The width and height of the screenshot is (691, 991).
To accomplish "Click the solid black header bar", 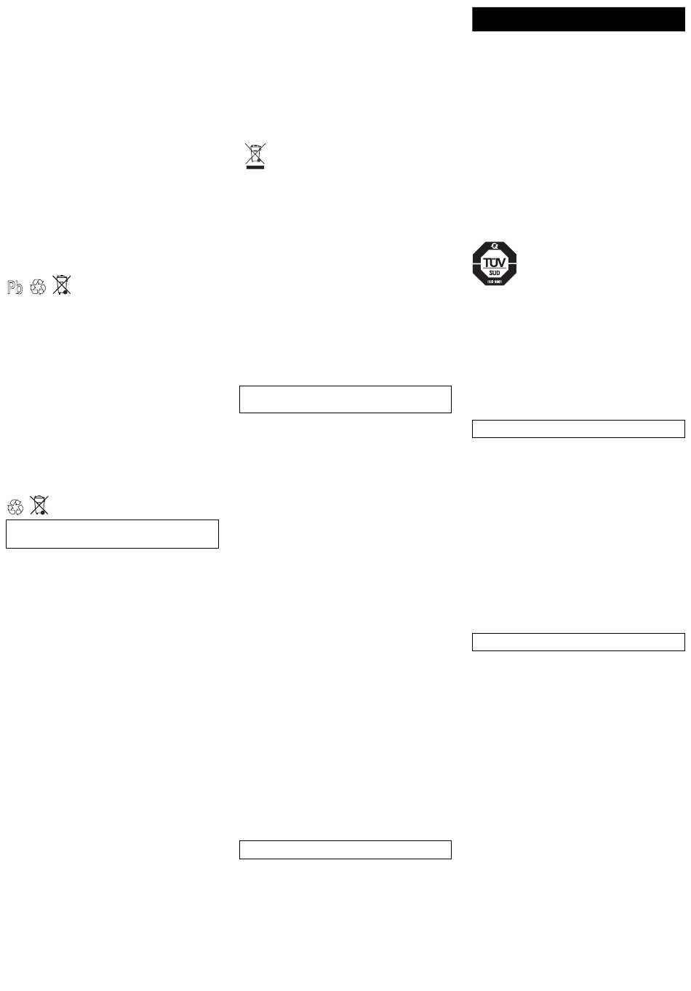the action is [x=578, y=20].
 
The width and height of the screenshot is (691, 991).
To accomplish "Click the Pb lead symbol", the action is [x=15, y=288].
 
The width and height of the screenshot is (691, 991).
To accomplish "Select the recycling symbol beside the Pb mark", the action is [x=38, y=287].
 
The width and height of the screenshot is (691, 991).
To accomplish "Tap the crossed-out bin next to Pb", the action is [x=63, y=284].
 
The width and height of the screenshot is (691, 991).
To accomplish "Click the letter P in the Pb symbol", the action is [x=11, y=288].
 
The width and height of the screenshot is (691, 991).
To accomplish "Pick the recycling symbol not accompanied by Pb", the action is [x=15, y=506].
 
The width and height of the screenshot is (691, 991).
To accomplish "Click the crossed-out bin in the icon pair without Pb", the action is [x=39, y=504].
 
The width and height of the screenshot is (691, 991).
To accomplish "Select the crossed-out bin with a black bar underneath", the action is [x=255, y=155].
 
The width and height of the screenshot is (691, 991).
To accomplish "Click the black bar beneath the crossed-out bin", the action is [x=255, y=167].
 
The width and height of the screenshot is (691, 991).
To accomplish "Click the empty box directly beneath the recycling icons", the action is [x=112, y=533].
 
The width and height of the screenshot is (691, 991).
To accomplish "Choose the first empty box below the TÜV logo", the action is [x=578, y=429].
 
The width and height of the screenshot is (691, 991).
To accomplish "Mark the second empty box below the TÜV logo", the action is [x=578, y=642].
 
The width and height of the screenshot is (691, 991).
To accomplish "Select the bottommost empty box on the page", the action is [x=345, y=850].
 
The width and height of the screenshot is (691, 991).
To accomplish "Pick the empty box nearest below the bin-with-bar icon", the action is [x=345, y=399].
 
